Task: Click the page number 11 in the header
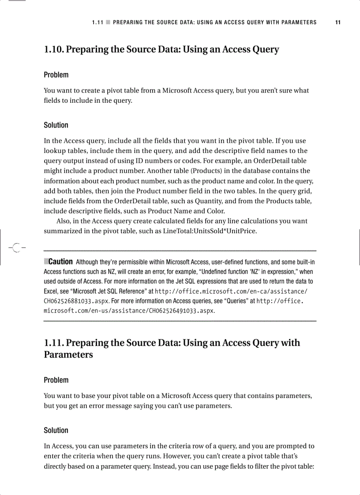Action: (337, 22)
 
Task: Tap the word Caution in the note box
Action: (60, 261)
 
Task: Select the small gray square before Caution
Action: (46, 261)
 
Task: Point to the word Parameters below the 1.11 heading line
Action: (68, 354)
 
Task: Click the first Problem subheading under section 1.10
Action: (56, 75)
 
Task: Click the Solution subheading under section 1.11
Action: (56, 430)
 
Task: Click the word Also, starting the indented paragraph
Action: (64, 221)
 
